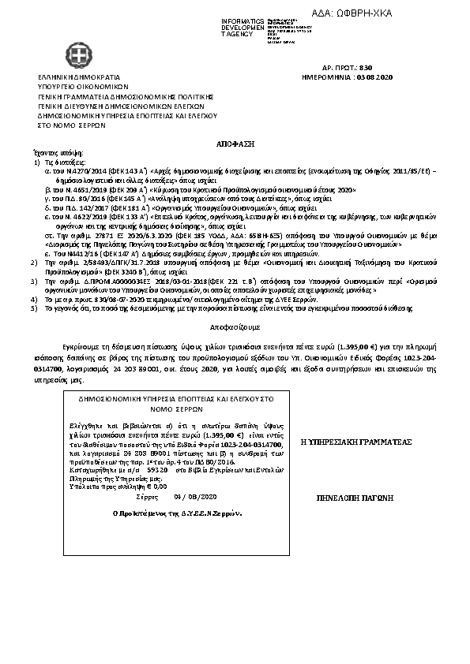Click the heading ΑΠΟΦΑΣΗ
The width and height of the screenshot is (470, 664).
(234, 147)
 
